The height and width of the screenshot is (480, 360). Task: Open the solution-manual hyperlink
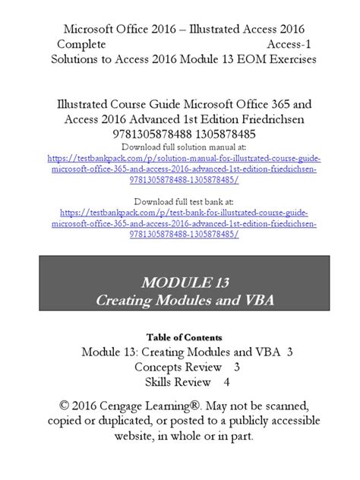(179, 169)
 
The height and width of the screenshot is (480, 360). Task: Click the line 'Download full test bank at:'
(179, 201)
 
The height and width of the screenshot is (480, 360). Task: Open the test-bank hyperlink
(179, 226)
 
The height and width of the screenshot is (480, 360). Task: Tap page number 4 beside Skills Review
(226, 382)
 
